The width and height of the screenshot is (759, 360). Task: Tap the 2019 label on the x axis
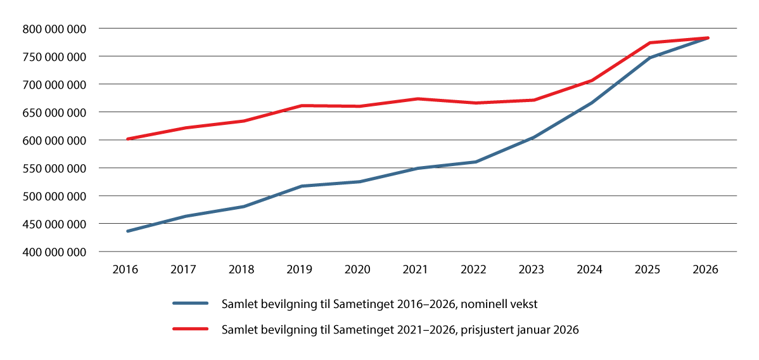[300, 269]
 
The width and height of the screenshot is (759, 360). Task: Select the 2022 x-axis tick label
[474, 269]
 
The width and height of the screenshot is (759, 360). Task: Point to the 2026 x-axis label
[706, 269]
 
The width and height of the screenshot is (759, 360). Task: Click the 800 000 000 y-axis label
[53, 29]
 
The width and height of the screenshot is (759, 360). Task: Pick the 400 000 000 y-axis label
[53, 252]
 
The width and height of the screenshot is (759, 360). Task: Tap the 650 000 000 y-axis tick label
[53, 112]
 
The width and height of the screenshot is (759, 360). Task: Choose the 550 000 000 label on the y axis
[53, 168]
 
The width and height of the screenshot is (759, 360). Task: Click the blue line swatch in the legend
[191, 304]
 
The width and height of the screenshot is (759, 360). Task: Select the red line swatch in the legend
[191, 330]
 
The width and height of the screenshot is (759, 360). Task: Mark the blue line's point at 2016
[127, 231]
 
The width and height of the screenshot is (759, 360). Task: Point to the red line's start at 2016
[127, 138]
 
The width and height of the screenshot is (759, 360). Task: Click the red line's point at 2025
[649, 42]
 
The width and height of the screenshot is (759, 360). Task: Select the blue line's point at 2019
[301, 186]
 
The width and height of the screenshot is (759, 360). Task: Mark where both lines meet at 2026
[707, 38]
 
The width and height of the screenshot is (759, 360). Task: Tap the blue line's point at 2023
[533, 137]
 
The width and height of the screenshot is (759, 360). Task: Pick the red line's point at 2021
[417, 98]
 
